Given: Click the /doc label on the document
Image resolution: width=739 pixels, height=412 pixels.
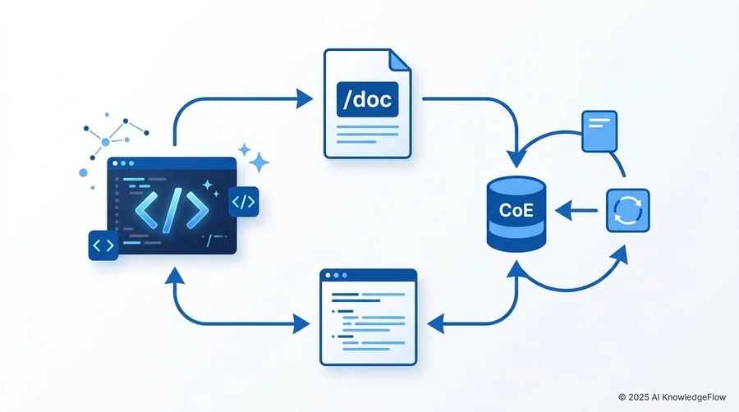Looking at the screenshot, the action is click(x=367, y=99).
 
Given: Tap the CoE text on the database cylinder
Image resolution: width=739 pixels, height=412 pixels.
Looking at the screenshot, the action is click(x=516, y=209).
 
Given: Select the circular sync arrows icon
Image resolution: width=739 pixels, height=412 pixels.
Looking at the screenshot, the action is click(x=628, y=210).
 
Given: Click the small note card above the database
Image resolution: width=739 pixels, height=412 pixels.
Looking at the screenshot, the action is click(x=599, y=131).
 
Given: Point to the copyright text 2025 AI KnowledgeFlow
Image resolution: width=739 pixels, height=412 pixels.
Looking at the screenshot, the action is click(x=672, y=397).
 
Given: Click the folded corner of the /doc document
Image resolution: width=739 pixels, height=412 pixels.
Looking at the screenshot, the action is click(x=400, y=60).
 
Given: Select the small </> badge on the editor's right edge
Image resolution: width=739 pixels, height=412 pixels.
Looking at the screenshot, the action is click(x=244, y=202).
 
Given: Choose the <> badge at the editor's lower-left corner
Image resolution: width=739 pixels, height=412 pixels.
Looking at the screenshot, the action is click(x=103, y=245).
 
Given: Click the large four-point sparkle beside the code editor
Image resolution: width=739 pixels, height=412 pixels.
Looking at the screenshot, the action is click(x=259, y=163).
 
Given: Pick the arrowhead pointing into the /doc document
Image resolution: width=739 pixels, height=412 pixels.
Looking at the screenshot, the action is click(x=304, y=98).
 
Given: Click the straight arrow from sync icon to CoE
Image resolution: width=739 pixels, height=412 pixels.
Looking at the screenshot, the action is click(x=576, y=210).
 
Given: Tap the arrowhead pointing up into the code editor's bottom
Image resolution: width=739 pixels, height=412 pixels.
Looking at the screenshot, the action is click(x=175, y=276).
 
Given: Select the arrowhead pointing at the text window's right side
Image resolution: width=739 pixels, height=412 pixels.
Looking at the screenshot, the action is click(x=435, y=324).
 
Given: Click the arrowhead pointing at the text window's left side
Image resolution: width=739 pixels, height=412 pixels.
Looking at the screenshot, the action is click(x=301, y=324).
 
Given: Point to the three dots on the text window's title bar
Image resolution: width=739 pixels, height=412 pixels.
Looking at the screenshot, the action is click(x=336, y=276).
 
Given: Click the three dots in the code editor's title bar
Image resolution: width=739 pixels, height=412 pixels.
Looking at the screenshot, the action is click(x=123, y=163).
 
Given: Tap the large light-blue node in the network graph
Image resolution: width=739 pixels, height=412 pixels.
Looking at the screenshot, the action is click(x=106, y=142).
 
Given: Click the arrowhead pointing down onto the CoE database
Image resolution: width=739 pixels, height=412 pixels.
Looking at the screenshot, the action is click(x=516, y=159).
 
